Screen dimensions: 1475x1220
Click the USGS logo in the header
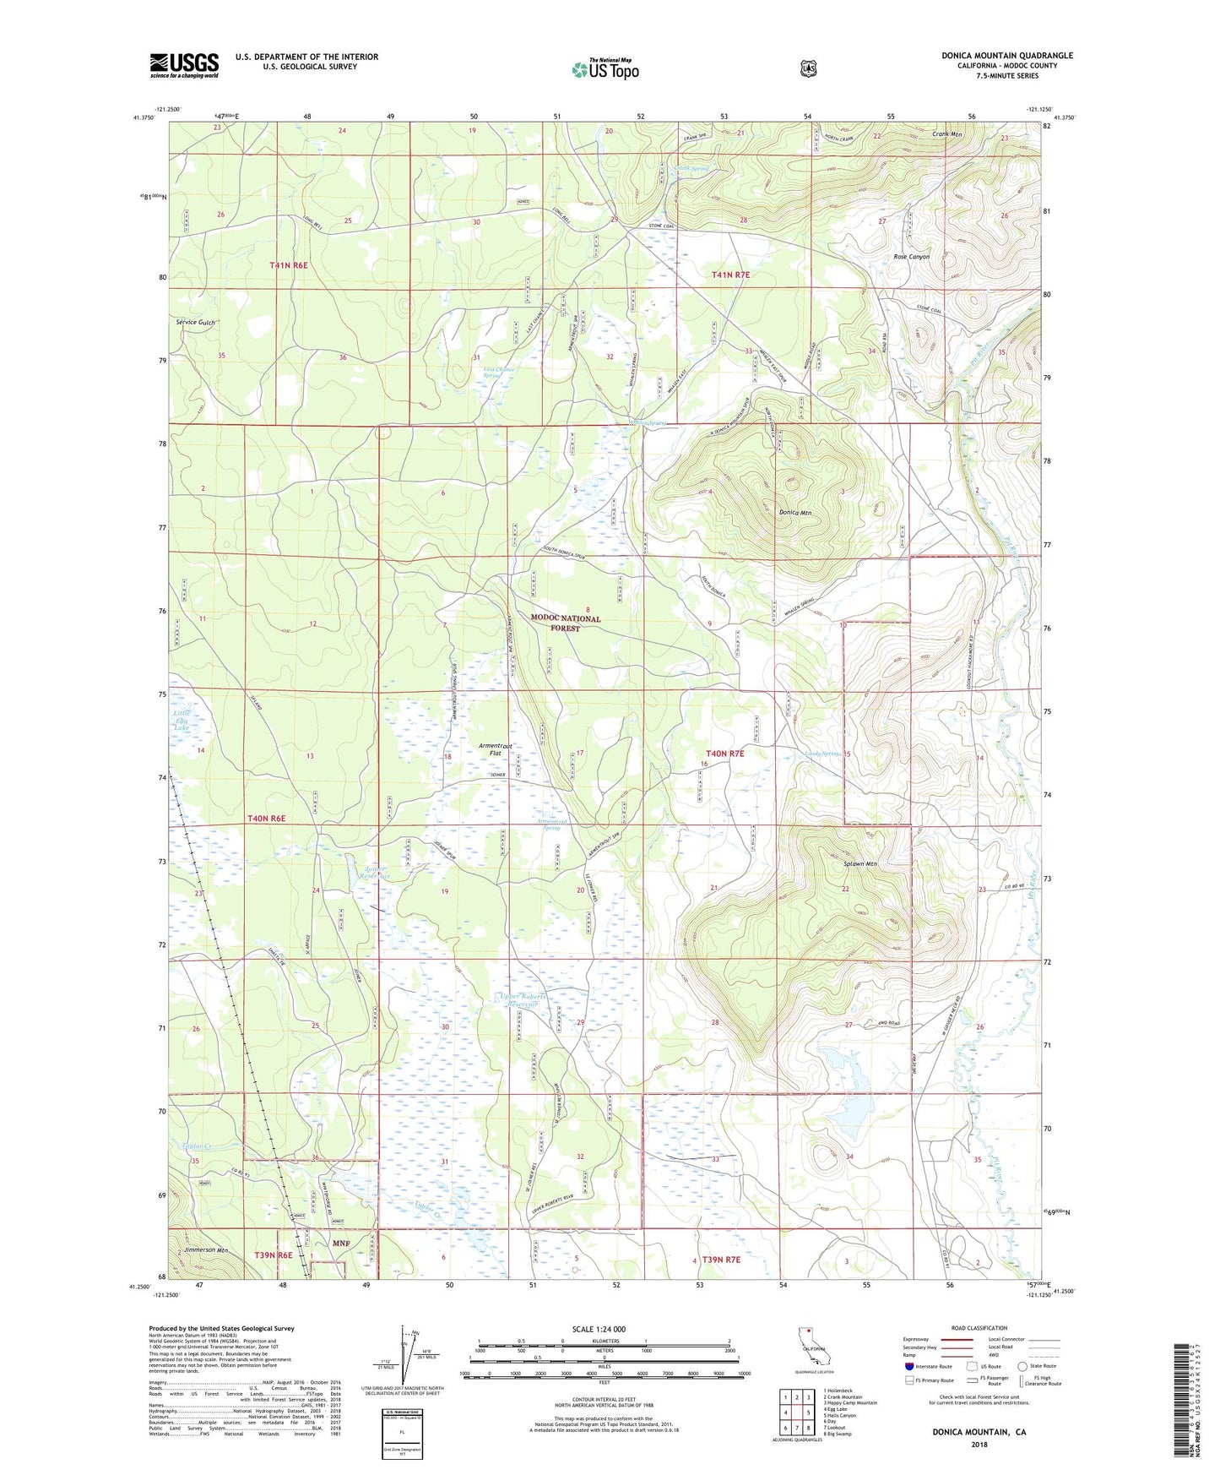pos(184,65)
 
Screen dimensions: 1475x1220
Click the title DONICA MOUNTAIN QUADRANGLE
pos(1006,56)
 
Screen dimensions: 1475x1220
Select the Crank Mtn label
pos(947,134)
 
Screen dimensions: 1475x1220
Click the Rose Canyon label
pos(911,257)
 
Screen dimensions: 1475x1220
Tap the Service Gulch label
pos(196,323)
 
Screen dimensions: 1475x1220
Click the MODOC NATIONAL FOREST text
pos(565,623)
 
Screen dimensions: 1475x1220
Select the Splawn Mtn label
pos(859,864)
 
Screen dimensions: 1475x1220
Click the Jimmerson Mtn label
pos(206,1249)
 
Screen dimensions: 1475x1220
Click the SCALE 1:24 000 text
pos(599,1329)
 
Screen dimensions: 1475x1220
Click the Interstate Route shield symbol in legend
pos(908,1365)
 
